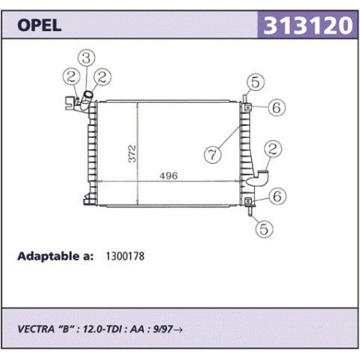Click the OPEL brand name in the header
point(39,25)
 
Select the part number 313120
point(308,25)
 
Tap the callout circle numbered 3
point(87,58)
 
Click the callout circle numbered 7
point(213,155)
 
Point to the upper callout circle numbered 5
point(256,82)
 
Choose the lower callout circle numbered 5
point(264,229)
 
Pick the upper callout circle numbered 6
point(276,108)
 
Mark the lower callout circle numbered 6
point(277,196)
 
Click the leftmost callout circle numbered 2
point(72,77)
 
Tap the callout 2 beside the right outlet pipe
point(273,149)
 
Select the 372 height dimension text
point(132,154)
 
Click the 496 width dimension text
point(169,176)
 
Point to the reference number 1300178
point(125,256)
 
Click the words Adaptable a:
point(55,256)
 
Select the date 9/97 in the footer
point(163,329)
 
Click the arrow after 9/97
point(178,330)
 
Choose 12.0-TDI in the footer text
point(103,329)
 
